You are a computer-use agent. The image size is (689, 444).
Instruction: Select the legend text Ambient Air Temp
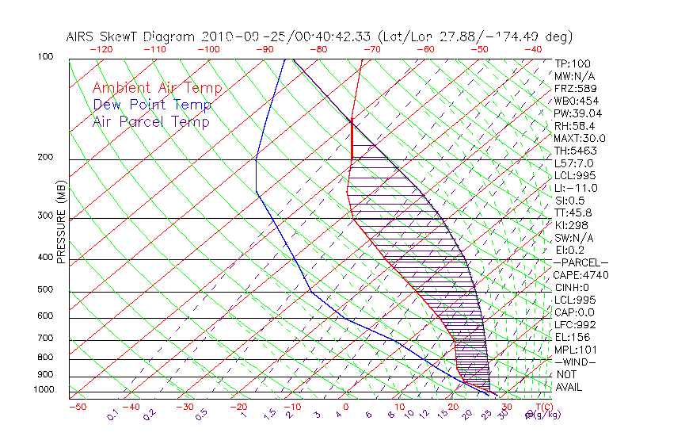(157, 89)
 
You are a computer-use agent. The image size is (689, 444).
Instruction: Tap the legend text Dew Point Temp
(151, 105)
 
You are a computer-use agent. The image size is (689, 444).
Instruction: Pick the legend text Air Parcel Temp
(150, 122)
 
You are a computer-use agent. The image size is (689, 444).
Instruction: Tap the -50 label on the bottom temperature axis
(77, 407)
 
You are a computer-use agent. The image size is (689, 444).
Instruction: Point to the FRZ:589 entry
(573, 89)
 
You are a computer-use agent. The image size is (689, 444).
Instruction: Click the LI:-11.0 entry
(576, 188)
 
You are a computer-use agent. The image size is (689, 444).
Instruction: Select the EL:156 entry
(570, 337)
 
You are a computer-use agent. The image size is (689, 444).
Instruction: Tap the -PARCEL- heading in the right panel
(581, 262)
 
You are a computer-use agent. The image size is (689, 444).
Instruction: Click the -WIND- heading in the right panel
(576, 362)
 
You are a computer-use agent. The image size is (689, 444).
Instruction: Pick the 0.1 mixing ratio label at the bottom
(113, 415)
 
